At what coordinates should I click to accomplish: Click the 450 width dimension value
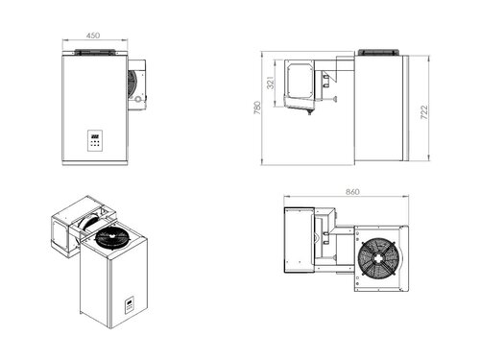point(92,36)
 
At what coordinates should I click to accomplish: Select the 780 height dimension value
point(257,108)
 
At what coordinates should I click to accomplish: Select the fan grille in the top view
point(375,256)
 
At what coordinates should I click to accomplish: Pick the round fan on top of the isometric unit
point(109,235)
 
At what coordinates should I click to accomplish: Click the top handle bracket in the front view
point(94,51)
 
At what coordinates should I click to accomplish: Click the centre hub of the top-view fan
point(375,256)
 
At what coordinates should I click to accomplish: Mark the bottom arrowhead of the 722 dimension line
point(415,160)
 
